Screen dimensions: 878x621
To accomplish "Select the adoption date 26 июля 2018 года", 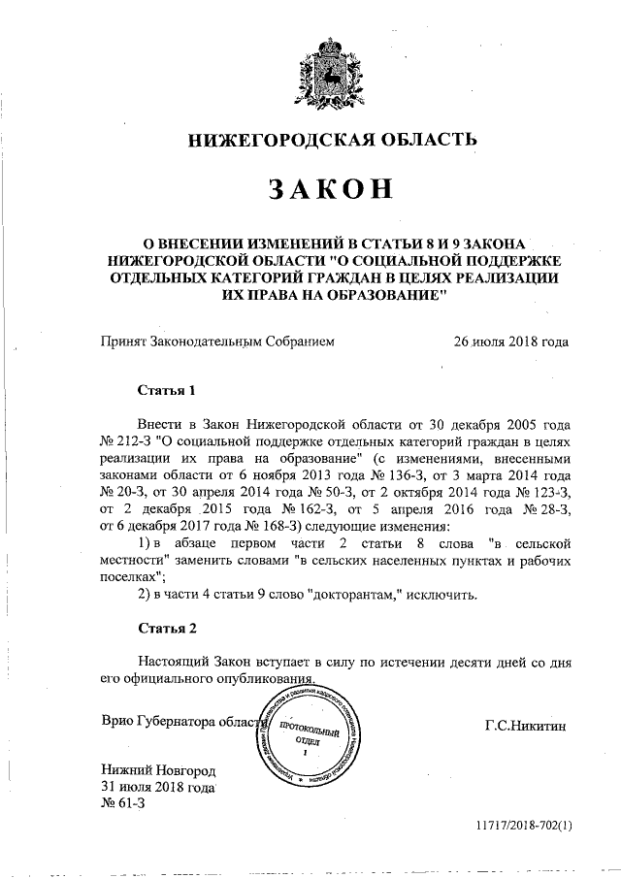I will pyautogui.click(x=511, y=341).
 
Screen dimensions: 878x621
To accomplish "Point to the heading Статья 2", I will pyautogui.click(x=167, y=629).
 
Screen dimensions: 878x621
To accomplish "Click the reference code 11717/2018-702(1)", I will pyautogui.click(x=524, y=826).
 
